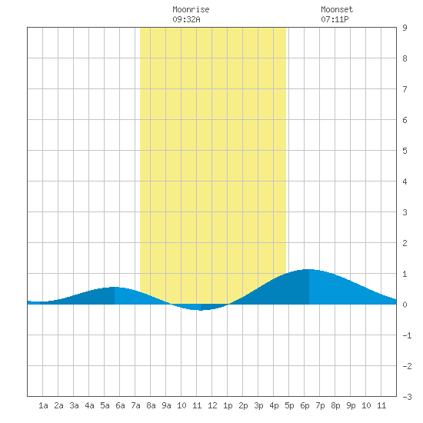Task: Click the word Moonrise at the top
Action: (191, 9)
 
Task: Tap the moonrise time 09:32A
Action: (186, 19)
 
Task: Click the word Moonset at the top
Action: (337, 9)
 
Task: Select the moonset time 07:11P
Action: (335, 19)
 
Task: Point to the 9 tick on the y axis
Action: (405, 28)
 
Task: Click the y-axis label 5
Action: (405, 151)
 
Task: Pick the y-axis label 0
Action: (405, 305)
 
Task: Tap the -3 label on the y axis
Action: (407, 397)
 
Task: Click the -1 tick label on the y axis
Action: (407, 335)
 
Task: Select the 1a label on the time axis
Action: (43, 405)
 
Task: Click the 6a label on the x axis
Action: (120, 405)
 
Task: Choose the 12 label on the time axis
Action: (212, 405)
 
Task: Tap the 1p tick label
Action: (228, 405)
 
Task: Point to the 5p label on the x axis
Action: (289, 405)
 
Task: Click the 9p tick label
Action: (351, 405)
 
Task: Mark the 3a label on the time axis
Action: (74, 405)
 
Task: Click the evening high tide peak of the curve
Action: (309, 269)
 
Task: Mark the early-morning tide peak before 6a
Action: (115, 287)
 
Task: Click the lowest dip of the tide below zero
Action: (201, 310)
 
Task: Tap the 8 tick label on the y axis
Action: (405, 58)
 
